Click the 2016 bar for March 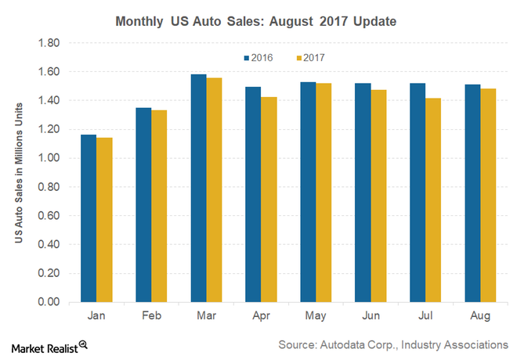[x=198, y=188]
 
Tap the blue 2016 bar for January [x=89, y=218]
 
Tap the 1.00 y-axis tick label [x=49, y=158]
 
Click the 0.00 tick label [x=49, y=302]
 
